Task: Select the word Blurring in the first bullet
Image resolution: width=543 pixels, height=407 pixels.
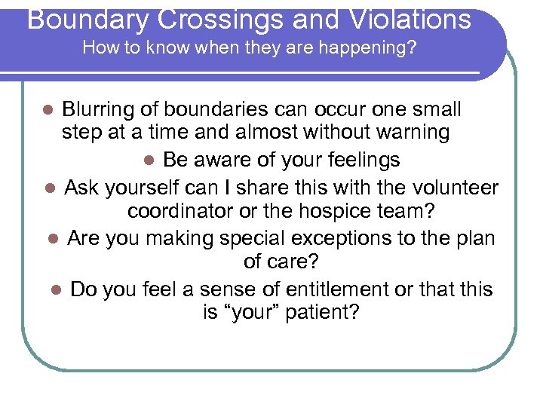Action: pos(100,109)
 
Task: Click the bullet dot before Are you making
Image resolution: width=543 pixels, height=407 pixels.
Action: pos(53,239)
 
